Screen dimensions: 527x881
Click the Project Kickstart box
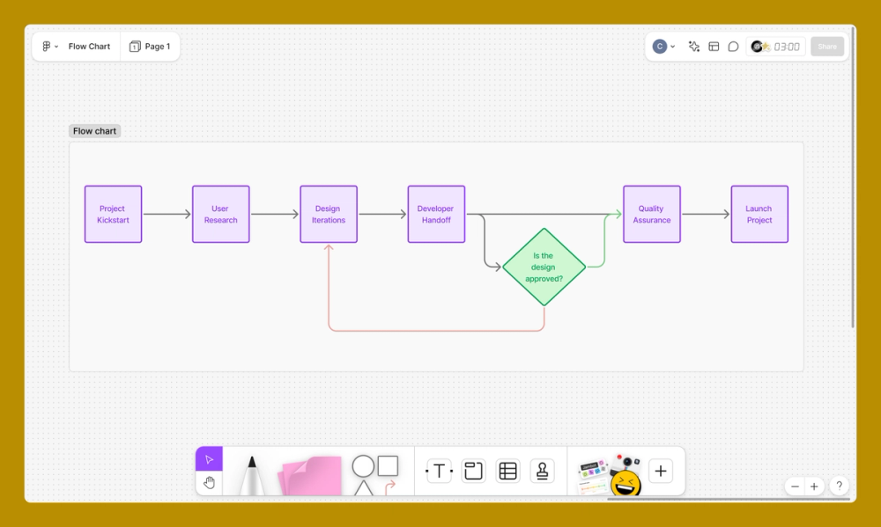tap(113, 214)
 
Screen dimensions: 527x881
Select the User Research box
tap(220, 214)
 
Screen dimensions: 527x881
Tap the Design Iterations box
tap(329, 214)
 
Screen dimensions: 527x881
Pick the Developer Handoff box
tap(436, 214)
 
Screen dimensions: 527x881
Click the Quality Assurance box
tap(652, 214)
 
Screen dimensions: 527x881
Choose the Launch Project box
tap(759, 214)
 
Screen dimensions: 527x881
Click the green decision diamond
tap(544, 267)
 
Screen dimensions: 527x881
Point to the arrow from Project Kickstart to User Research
tap(167, 214)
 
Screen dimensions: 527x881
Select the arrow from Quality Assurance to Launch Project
tap(705, 214)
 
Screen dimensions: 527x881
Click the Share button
tap(827, 47)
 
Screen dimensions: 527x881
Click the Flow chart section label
tap(94, 131)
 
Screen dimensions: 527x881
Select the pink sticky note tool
tap(310, 475)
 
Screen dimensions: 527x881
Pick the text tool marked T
tap(439, 472)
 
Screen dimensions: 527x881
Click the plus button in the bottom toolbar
tap(661, 472)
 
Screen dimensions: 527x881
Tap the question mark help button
tap(839, 486)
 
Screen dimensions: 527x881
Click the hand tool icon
tap(209, 482)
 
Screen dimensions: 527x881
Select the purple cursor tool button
tap(209, 459)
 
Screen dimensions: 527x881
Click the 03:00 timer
tap(787, 47)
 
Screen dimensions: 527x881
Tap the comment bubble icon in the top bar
tap(733, 47)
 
